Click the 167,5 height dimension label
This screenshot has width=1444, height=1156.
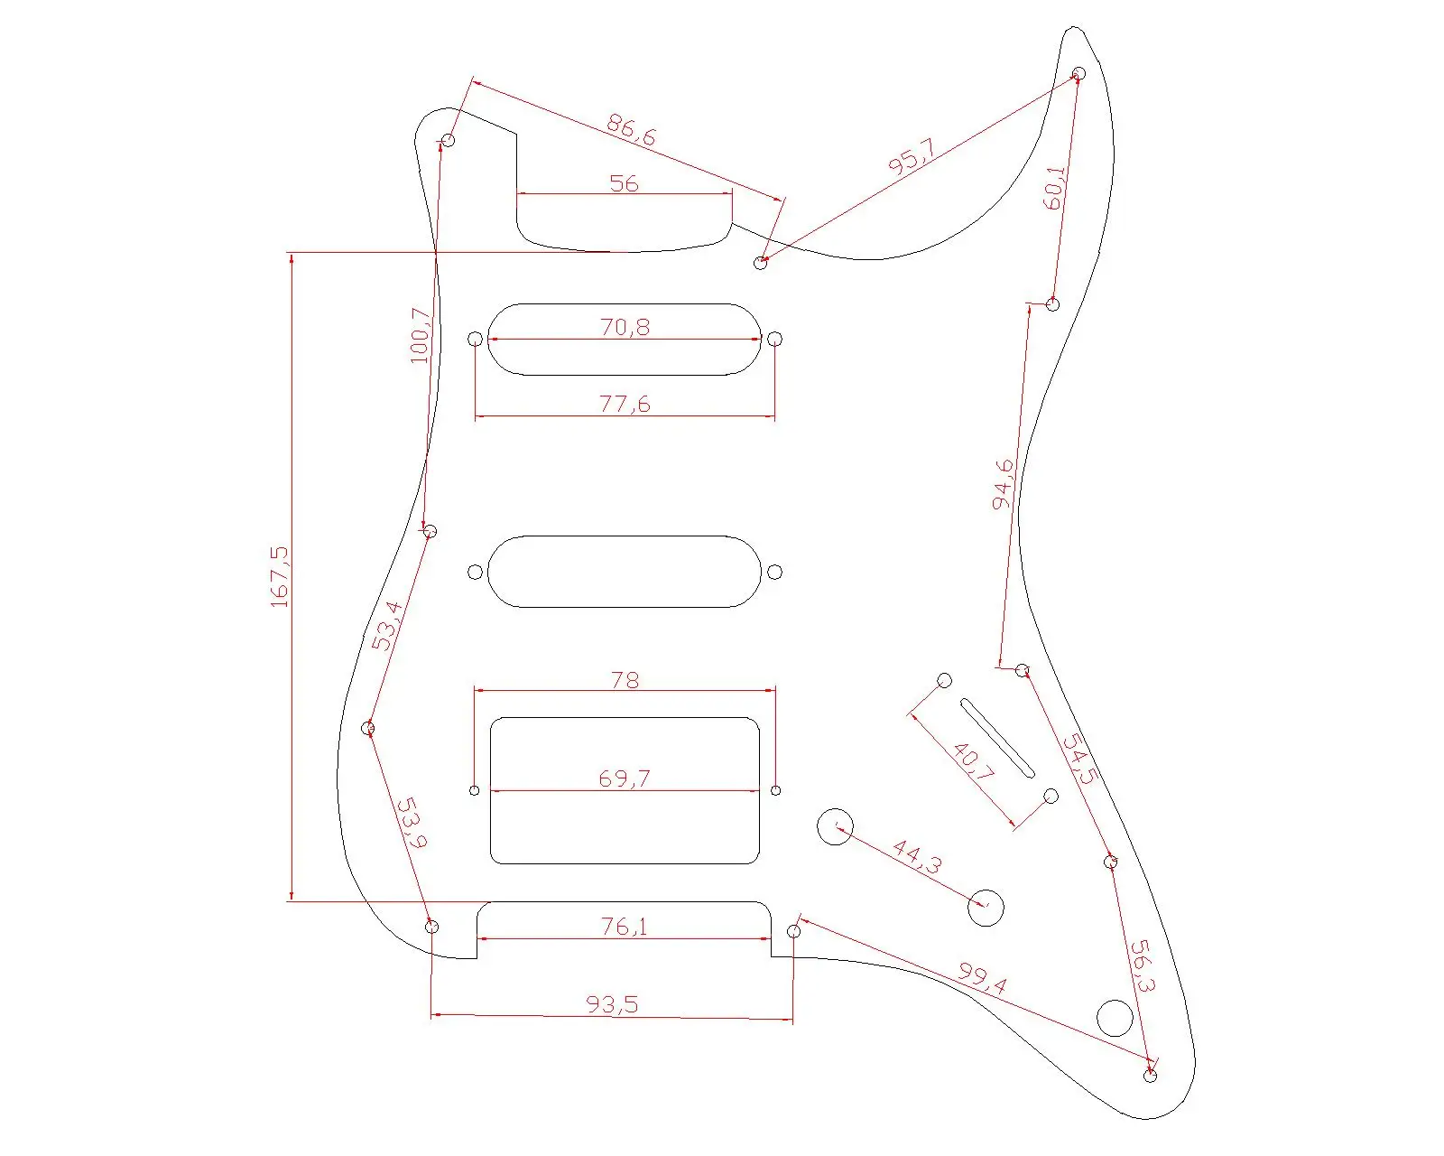[280, 576]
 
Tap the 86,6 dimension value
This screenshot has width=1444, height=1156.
[631, 130]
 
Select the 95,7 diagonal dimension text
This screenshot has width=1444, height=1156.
[912, 157]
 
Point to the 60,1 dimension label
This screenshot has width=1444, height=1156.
[1054, 188]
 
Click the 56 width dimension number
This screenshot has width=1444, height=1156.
[624, 183]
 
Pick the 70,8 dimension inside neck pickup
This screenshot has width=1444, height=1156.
[625, 326]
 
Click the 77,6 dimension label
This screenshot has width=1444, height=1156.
[625, 404]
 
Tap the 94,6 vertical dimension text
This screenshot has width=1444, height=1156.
[1003, 484]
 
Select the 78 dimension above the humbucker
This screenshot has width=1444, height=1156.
[625, 679]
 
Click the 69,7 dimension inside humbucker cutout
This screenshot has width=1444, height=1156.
[625, 778]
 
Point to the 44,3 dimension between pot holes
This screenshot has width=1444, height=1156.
[917, 857]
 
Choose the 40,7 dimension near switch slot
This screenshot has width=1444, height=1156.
[974, 762]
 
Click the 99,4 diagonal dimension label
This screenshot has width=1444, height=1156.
[982, 979]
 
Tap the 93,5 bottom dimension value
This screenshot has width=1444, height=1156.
[612, 1004]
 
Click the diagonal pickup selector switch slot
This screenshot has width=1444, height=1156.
[997, 738]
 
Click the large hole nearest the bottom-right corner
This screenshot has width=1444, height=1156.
[1115, 1018]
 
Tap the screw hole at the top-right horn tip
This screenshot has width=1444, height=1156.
[1078, 73]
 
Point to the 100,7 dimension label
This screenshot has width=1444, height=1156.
[421, 335]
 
